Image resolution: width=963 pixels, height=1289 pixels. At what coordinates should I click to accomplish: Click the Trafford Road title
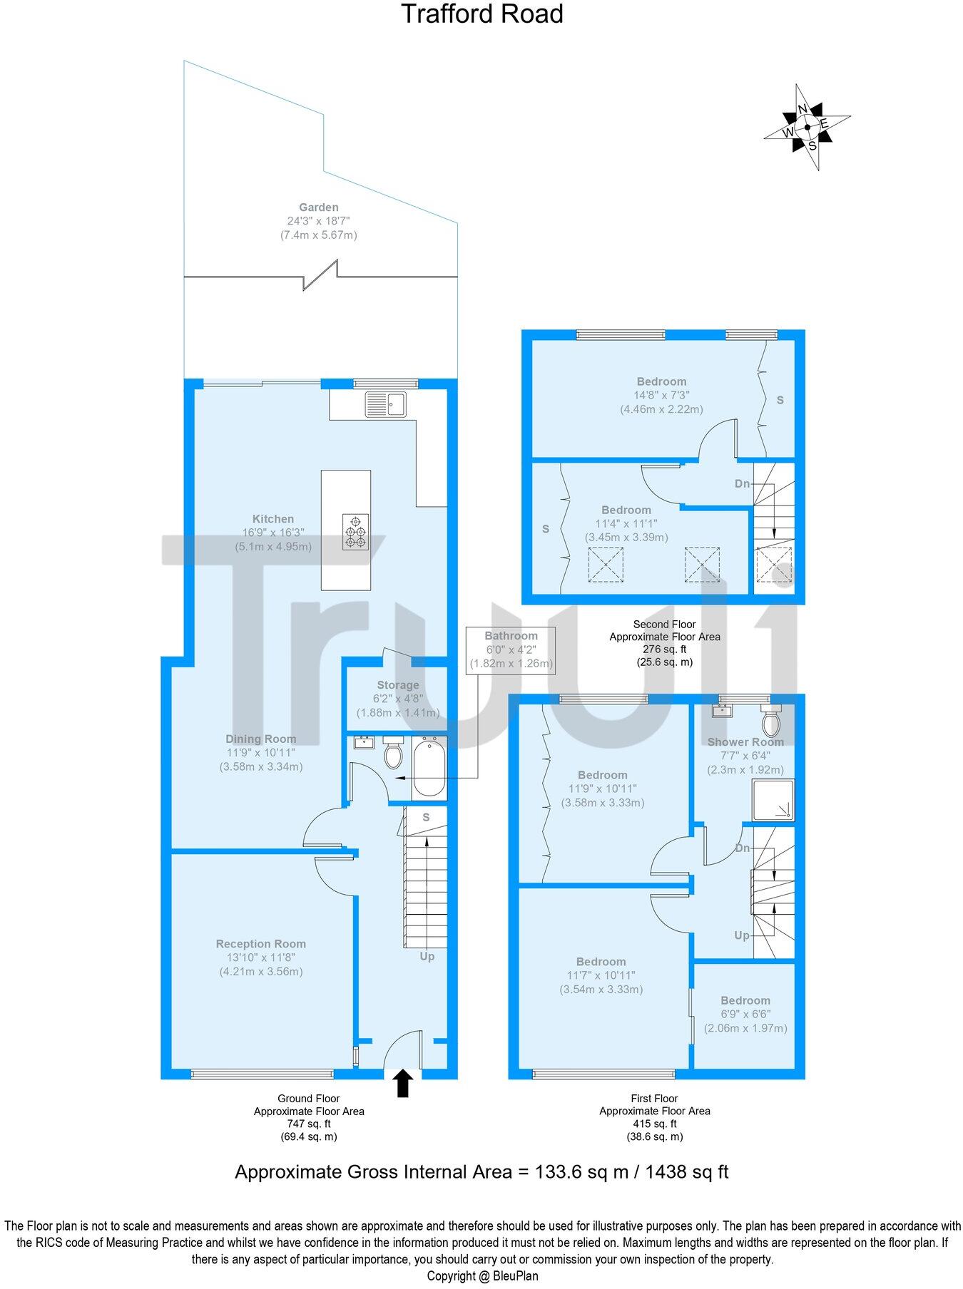(481, 14)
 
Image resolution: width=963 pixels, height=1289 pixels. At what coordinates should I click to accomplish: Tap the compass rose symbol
(807, 128)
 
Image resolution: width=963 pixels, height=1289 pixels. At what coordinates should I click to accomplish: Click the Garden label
(318, 207)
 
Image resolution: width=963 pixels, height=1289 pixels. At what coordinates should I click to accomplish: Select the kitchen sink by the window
(385, 404)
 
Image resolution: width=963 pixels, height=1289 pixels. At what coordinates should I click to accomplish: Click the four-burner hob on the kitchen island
(356, 532)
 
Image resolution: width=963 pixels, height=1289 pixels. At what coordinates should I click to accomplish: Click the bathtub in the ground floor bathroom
(429, 768)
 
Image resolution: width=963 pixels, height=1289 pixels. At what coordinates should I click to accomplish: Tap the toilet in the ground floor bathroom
(393, 753)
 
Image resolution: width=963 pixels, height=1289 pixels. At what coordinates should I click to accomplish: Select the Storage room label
(398, 685)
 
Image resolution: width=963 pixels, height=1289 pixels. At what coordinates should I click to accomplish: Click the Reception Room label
(261, 944)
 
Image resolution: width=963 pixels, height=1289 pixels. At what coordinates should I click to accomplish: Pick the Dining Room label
(261, 739)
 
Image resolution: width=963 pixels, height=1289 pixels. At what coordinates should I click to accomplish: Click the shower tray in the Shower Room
(773, 800)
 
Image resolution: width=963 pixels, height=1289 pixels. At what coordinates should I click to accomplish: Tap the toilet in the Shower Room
(771, 721)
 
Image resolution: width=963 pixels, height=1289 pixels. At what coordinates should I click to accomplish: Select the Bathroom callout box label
(511, 636)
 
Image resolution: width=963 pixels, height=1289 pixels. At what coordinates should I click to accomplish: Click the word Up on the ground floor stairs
(427, 956)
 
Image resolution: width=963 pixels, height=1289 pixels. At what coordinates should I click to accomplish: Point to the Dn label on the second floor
(743, 483)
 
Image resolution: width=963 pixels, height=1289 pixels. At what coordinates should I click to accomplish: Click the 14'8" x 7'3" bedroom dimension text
(662, 395)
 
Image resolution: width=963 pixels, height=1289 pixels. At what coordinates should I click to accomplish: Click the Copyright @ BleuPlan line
(482, 1276)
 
